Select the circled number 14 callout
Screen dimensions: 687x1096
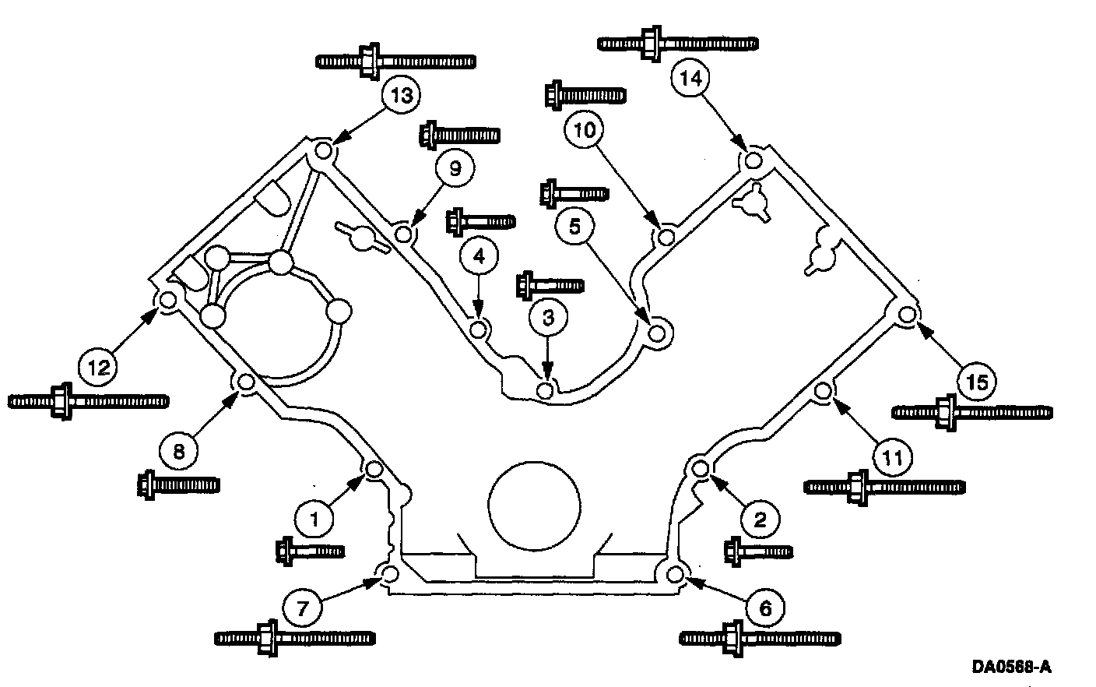tap(690, 78)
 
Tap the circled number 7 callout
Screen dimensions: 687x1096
tap(302, 608)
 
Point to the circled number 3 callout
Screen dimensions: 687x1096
tap(549, 318)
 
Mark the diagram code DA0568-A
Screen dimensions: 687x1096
tap(1011, 667)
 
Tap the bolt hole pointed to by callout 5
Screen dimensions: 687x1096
tap(658, 334)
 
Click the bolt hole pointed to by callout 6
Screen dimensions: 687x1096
tap(676, 575)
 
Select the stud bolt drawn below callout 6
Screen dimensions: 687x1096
tap(760, 637)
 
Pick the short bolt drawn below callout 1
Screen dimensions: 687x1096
tap(310, 551)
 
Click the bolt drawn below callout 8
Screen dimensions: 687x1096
tap(177, 484)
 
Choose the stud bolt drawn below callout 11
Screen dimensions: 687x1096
tap(884, 487)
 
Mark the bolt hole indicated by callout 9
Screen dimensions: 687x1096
tap(402, 233)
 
